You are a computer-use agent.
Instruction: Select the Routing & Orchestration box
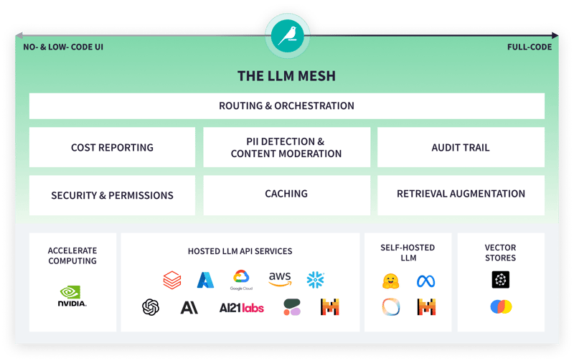286,106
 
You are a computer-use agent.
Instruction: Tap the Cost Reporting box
112,147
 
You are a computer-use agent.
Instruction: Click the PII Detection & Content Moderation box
286,147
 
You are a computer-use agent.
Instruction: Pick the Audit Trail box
461,147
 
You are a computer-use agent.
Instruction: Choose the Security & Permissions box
112,195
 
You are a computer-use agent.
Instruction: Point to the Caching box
286,194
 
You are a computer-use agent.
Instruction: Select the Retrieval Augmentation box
461,194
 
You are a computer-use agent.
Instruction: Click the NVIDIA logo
72,296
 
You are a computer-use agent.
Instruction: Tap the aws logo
279,278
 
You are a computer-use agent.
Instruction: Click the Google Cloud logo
242,280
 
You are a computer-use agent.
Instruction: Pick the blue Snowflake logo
316,279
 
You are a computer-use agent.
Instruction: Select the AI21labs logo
241,307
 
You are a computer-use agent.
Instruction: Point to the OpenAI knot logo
151,307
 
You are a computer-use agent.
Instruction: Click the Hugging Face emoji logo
390,281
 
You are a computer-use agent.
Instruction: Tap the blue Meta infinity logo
426,281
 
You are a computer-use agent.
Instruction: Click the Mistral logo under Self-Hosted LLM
426,307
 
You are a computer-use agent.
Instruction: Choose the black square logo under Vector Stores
501,280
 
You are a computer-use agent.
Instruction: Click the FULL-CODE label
530,47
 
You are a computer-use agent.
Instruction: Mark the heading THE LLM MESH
286,75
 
